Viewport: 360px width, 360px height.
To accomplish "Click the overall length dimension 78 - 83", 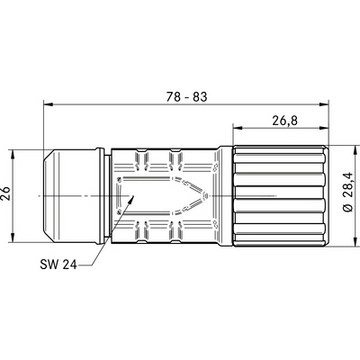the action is tap(186, 97).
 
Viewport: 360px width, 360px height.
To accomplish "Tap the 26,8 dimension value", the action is tap(285, 120).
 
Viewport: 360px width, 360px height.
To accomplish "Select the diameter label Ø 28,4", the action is tap(348, 192).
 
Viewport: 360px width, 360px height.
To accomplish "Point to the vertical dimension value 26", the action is tap(6, 193).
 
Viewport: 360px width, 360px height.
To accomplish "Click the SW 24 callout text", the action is tap(58, 264).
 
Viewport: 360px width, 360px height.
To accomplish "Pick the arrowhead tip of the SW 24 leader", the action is tap(134, 195).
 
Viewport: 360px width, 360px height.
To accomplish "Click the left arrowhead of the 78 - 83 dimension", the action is tap(48, 104).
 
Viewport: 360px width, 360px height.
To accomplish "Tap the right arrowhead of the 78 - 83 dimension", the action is tap(324, 104).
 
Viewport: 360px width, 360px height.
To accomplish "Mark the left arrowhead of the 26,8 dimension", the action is tap(238, 127).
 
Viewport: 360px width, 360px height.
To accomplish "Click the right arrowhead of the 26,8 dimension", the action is tap(324, 127).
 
